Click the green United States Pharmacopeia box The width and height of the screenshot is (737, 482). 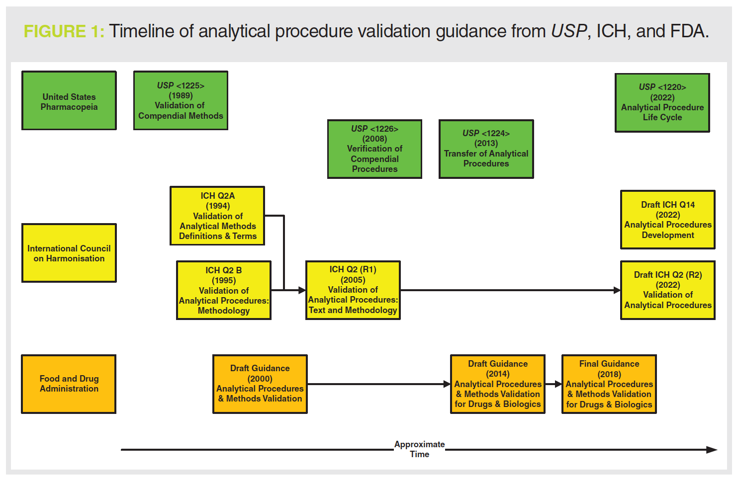[69, 100]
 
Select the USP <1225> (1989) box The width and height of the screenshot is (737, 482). [181, 100]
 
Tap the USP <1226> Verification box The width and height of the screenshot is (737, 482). [375, 149]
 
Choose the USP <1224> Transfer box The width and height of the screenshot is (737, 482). [486, 149]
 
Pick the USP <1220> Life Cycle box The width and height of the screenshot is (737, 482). [662, 102]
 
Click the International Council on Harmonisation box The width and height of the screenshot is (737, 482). [69, 253]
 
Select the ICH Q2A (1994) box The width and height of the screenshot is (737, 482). [217, 216]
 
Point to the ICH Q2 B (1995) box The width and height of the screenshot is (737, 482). [224, 290]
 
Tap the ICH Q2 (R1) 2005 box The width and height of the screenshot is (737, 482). [353, 290]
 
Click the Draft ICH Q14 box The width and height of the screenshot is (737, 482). [668, 220]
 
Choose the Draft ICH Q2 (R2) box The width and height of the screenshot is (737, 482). [668, 290]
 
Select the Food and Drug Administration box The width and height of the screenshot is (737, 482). [69, 384]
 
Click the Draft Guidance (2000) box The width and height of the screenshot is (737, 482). [260, 384]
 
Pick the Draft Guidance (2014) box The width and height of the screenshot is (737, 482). [498, 384]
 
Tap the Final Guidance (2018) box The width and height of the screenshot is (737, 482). [609, 384]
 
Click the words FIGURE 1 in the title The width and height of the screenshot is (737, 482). [64, 32]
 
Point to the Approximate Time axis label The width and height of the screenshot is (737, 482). [420, 449]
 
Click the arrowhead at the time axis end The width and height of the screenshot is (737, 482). [712, 450]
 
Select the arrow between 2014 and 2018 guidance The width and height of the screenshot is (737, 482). [553, 384]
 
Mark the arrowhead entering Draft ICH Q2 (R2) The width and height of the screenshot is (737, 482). [617, 290]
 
